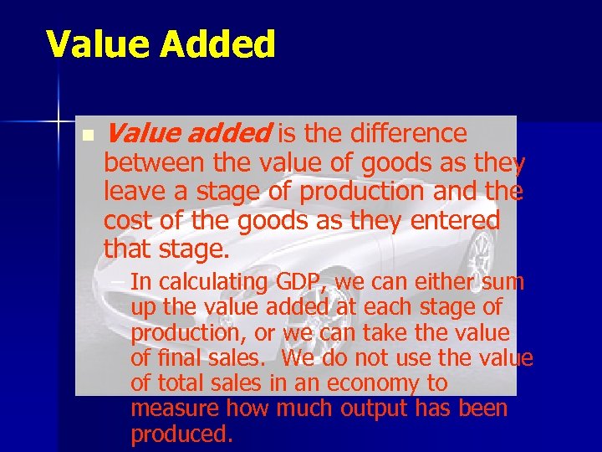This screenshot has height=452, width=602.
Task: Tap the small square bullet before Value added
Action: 87,135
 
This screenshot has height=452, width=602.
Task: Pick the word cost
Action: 125,221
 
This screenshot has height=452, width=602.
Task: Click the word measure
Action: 166,409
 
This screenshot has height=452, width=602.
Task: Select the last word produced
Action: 181,435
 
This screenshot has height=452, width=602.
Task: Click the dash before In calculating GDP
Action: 122,281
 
